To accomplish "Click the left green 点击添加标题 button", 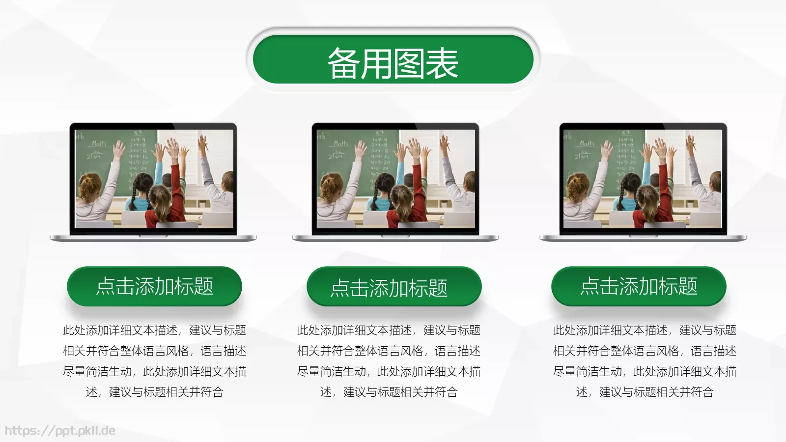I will pyautogui.click(x=154, y=286).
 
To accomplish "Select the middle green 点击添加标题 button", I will pyautogui.click(x=394, y=287).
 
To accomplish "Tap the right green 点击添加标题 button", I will pyautogui.click(x=639, y=286).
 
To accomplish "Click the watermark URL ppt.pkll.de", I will pyautogui.click(x=60, y=431).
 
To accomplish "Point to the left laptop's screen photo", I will pyautogui.click(x=154, y=179).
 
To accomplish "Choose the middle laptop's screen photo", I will pyautogui.click(x=395, y=179).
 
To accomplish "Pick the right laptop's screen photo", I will pyautogui.click(x=643, y=179).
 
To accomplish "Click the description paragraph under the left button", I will pyautogui.click(x=154, y=361).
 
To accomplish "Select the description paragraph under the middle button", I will pyautogui.click(x=389, y=361).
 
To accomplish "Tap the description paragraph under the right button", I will pyautogui.click(x=645, y=361).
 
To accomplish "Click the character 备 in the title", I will pyautogui.click(x=343, y=63).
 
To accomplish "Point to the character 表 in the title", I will pyautogui.click(x=442, y=63).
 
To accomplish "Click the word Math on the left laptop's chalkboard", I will pyautogui.click(x=99, y=143).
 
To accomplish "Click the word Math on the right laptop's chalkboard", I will pyautogui.click(x=587, y=143).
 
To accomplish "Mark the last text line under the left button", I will pyautogui.click(x=154, y=392).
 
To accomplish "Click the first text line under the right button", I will pyautogui.click(x=645, y=330).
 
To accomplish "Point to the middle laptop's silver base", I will pyautogui.click(x=395, y=238).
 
